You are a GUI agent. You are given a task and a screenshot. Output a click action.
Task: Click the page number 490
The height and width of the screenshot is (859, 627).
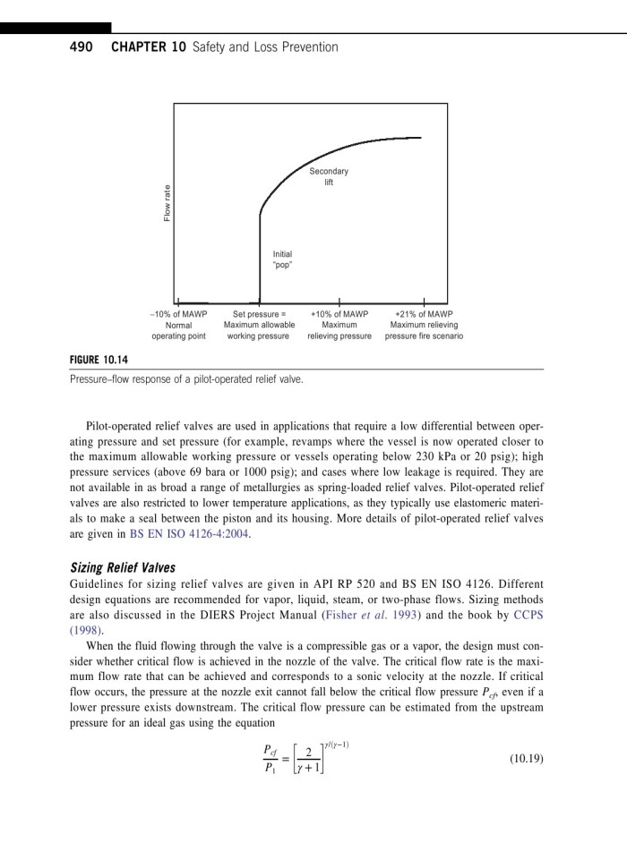click(x=83, y=47)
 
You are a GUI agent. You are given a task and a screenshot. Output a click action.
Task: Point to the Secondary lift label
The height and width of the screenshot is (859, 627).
click(x=329, y=176)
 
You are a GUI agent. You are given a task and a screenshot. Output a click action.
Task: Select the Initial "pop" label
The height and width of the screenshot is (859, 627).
click(x=282, y=259)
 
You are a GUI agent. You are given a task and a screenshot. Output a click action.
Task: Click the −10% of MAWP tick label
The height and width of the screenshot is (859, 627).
click(x=178, y=314)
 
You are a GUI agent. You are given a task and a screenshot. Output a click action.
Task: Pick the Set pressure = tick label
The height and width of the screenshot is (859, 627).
click(x=258, y=314)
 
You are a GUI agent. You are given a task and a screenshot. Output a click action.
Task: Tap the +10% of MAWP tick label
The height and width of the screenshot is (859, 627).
click(x=339, y=314)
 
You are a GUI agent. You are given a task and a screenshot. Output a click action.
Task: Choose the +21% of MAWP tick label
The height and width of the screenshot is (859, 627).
click(x=424, y=314)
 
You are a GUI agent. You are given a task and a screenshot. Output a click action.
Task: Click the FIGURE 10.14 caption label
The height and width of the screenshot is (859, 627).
click(x=99, y=361)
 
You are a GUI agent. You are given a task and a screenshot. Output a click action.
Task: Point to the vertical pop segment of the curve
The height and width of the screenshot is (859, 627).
click(x=260, y=259)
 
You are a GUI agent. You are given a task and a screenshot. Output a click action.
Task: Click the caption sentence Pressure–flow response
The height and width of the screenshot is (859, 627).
click(x=185, y=378)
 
